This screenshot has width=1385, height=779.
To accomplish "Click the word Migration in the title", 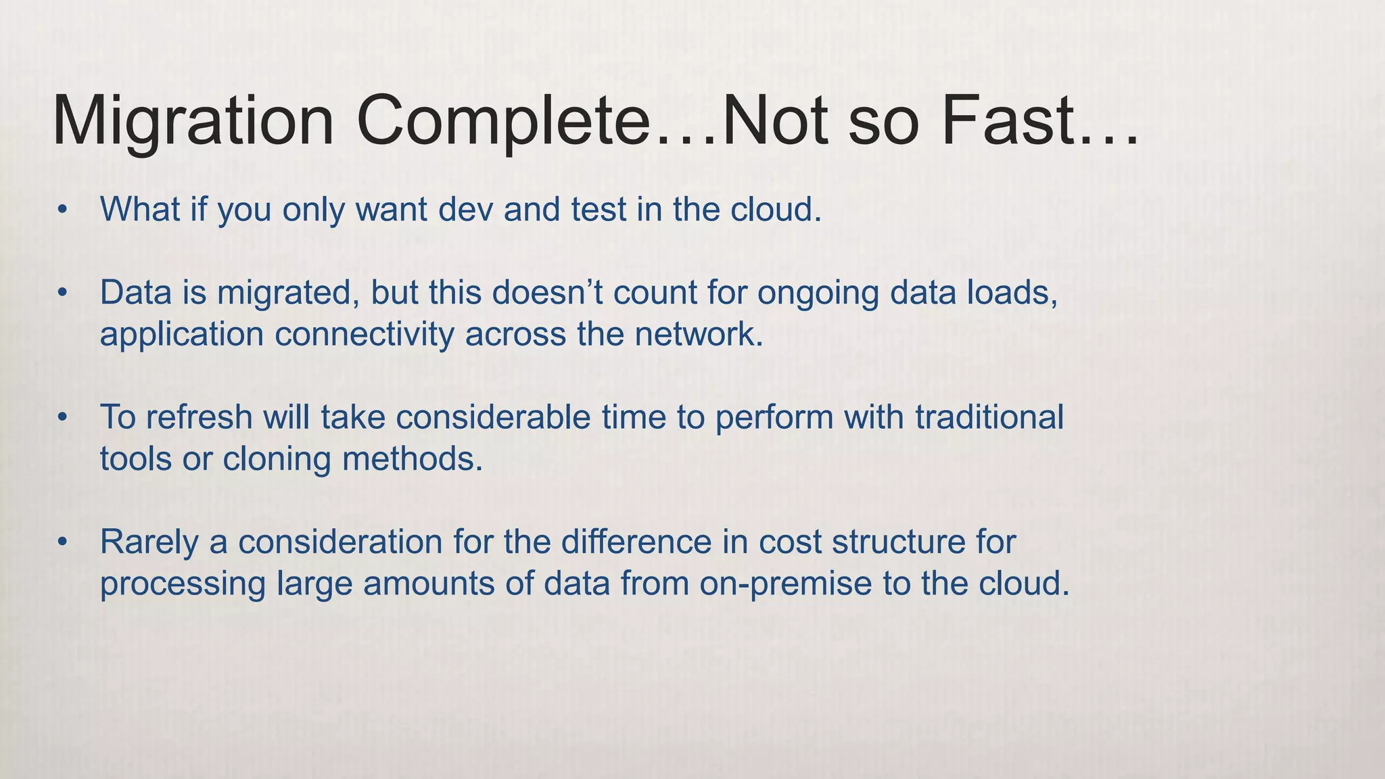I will pos(193,123).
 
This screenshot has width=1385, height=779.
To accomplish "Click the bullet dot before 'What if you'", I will pos(62,210).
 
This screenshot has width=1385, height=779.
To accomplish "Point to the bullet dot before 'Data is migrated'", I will pos(62,293).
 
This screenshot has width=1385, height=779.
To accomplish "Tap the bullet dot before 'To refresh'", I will pos(62,417).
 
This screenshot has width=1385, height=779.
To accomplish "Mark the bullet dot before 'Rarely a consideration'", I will pos(62,542).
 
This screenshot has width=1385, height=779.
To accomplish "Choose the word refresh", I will pos(199,417).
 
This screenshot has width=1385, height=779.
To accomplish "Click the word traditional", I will pos(989,417).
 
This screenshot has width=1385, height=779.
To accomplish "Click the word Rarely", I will pos(149,542).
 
